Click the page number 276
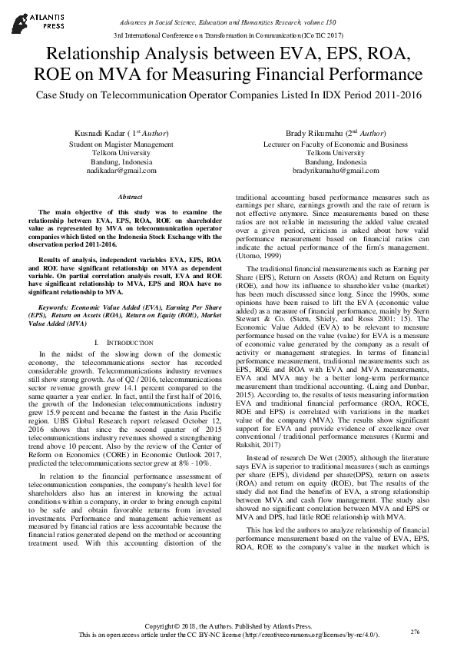pos(416,632)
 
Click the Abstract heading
pos(121,197)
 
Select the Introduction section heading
pos(121,340)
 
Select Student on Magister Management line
pos(121,144)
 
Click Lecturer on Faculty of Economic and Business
pos(335,144)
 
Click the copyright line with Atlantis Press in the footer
pos(228,625)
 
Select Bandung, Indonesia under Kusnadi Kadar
pos(121,162)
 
